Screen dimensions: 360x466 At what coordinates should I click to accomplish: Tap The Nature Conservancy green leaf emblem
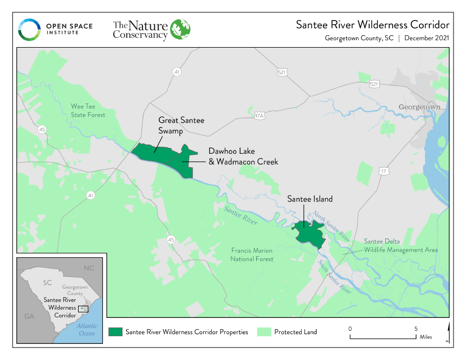coord(180,29)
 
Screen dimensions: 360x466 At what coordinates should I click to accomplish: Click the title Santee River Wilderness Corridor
coord(372,25)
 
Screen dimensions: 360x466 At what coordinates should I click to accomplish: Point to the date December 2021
coord(426,38)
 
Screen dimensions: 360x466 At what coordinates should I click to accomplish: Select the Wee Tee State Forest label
coord(88,110)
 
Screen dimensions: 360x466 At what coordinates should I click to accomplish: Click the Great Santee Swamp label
coord(181,125)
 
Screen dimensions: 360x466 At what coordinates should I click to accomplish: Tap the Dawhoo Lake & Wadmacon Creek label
coord(243,156)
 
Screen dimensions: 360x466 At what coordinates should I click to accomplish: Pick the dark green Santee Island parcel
coord(308,232)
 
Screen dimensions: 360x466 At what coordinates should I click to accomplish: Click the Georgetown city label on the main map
coord(419,107)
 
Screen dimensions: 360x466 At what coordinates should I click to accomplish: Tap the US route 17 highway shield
coord(383,171)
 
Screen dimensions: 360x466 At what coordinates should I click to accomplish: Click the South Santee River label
coord(334,277)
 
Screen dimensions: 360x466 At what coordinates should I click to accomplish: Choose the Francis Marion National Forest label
coord(251,254)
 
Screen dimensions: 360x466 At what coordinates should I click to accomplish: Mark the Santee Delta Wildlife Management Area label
coord(400,245)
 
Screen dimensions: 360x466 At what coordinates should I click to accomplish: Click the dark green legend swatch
coord(115,332)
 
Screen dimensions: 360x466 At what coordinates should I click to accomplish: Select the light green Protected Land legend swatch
coord(264,332)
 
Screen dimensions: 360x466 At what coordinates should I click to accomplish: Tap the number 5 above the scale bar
coord(416,329)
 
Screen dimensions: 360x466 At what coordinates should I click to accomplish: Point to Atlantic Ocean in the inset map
coord(87,329)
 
